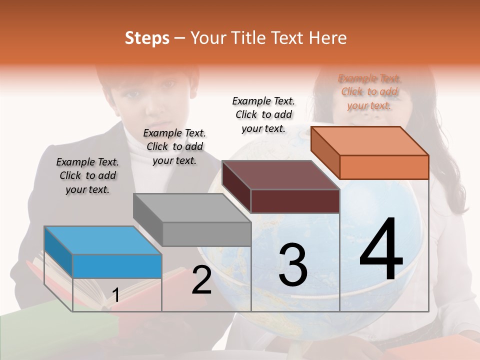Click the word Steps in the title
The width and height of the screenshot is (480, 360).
click(x=147, y=38)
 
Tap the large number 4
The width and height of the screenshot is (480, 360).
click(x=381, y=250)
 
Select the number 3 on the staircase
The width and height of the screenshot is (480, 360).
click(x=292, y=265)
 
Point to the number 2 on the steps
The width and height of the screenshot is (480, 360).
click(x=201, y=280)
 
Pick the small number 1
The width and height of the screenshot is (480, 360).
click(x=115, y=295)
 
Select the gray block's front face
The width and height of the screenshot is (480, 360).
click(x=206, y=234)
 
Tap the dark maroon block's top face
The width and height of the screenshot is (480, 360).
click(x=280, y=175)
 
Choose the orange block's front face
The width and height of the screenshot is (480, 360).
click(x=384, y=167)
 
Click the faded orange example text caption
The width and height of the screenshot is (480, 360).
click(x=369, y=91)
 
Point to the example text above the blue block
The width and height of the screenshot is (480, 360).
click(x=87, y=175)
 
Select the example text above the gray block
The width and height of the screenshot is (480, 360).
click(x=174, y=146)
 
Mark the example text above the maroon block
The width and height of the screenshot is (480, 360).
click(x=263, y=114)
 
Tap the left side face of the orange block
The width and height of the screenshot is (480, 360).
click(x=325, y=152)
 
